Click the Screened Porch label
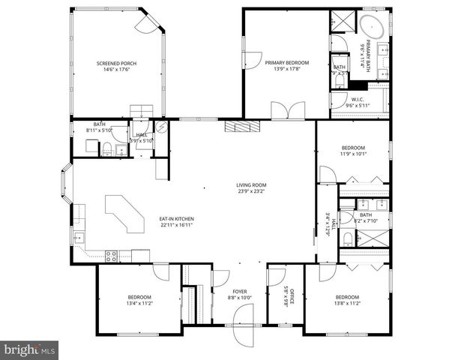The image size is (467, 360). coord(113,64)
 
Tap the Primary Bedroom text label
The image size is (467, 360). coord(286,64)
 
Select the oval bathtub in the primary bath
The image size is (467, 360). coord(372,28)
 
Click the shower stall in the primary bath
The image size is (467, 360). coord(342,21)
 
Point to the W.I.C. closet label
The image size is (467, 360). coord(359,100)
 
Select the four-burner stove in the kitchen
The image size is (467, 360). coord(110,255)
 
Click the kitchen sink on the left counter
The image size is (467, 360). coord(78,238)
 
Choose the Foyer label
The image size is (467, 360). coord(239,291)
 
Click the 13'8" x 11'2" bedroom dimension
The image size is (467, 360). coord(348,303)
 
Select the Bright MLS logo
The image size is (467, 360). coord(30,349)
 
